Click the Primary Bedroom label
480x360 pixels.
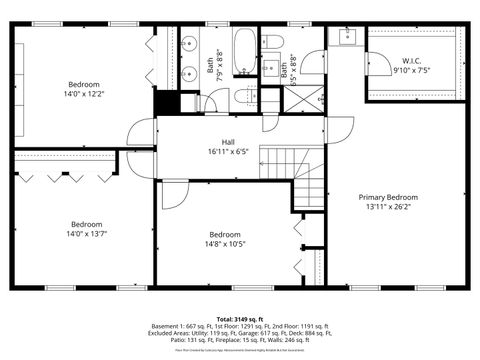point(388,197)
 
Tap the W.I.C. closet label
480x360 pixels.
point(411,60)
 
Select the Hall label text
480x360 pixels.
point(228,142)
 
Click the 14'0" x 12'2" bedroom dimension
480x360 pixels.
point(84,94)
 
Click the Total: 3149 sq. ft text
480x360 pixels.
point(239,319)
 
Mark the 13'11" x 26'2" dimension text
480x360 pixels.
point(388,207)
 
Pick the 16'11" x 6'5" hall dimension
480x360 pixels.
point(228,152)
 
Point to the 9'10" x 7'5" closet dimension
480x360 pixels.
point(411,70)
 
